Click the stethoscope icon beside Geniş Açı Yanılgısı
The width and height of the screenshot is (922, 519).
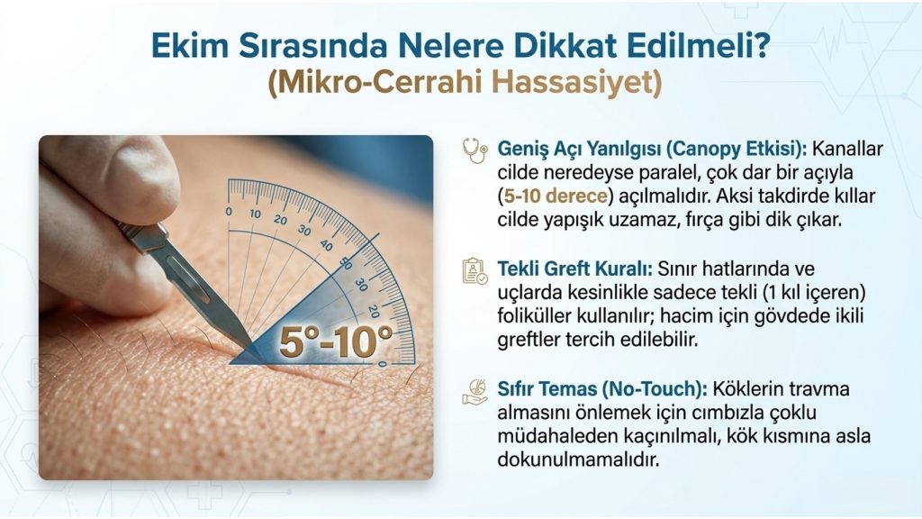click(475, 150)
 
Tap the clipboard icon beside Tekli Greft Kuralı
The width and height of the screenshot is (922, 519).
click(475, 271)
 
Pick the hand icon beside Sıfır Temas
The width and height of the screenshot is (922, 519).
click(475, 392)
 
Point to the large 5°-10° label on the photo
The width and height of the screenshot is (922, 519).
click(336, 341)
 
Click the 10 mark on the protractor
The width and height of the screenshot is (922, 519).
click(255, 214)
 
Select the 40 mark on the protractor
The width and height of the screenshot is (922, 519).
click(326, 244)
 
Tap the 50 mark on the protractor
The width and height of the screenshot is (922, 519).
click(347, 263)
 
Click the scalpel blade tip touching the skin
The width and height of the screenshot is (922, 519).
click(253, 347)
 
